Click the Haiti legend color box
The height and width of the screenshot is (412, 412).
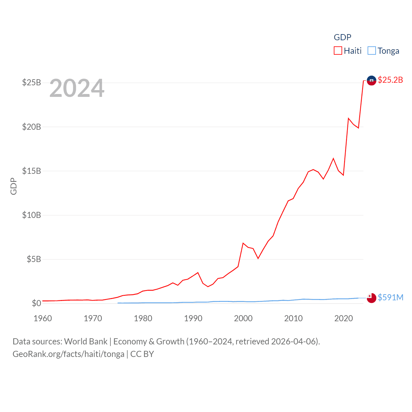[338, 51]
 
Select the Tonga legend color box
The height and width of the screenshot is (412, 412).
[371, 51]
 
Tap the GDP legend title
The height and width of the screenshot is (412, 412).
[342, 37]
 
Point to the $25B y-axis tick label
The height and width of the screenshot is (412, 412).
[32, 83]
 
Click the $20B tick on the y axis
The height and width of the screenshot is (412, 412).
[32, 127]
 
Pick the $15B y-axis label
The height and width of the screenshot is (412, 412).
[32, 171]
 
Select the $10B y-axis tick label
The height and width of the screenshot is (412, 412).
[32, 215]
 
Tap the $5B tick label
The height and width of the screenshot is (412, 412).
[34, 259]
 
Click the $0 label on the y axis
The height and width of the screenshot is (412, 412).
[36, 303]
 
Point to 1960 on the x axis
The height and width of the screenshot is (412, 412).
[43, 318]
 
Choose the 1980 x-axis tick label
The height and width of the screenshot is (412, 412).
[143, 318]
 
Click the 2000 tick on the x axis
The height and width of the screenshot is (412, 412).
[243, 318]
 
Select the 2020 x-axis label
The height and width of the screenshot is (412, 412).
[343, 318]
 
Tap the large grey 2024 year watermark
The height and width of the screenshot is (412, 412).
[77, 88]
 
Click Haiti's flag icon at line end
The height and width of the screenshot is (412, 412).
[371, 80]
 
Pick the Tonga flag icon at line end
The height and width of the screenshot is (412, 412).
[371, 298]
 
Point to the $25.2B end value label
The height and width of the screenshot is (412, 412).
[390, 80]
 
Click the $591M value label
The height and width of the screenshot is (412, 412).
[390, 297]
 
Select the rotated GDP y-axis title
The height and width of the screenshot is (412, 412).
[14, 186]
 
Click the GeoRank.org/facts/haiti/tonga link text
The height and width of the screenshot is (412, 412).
[68, 354]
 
